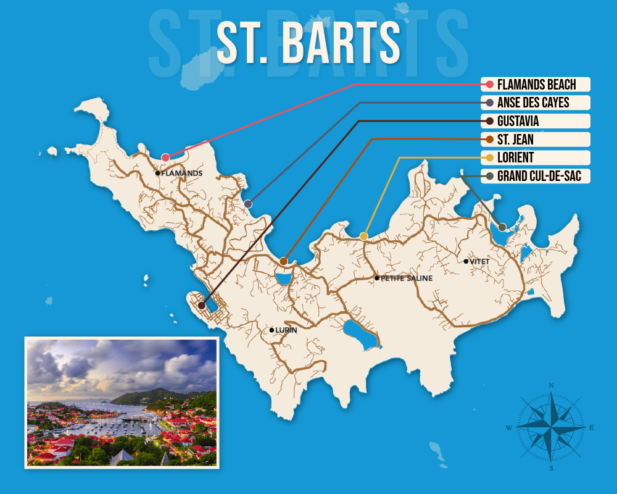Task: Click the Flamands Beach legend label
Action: (536, 84)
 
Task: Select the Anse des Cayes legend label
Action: (532, 103)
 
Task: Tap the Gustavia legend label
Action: (517, 121)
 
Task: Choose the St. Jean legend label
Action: (515, 140)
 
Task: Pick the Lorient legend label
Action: (514, 158)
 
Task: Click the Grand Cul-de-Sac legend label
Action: (534, 177)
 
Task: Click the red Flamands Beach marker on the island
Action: (165, 157)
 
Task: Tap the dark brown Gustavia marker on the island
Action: (202, 305)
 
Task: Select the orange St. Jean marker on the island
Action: (283, 261)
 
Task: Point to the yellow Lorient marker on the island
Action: (364, 236)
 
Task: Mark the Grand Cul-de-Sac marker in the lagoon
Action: (502, 227)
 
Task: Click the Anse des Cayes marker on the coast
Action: (247, 204)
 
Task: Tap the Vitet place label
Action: (479, 262)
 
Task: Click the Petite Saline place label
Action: (406, 278)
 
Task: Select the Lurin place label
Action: (286, 330)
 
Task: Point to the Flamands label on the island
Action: (181, 174)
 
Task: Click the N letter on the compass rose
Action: (551, 385)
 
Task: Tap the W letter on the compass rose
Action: (509, 428)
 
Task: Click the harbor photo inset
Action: (121, 403)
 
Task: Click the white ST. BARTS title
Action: (308, 43)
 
